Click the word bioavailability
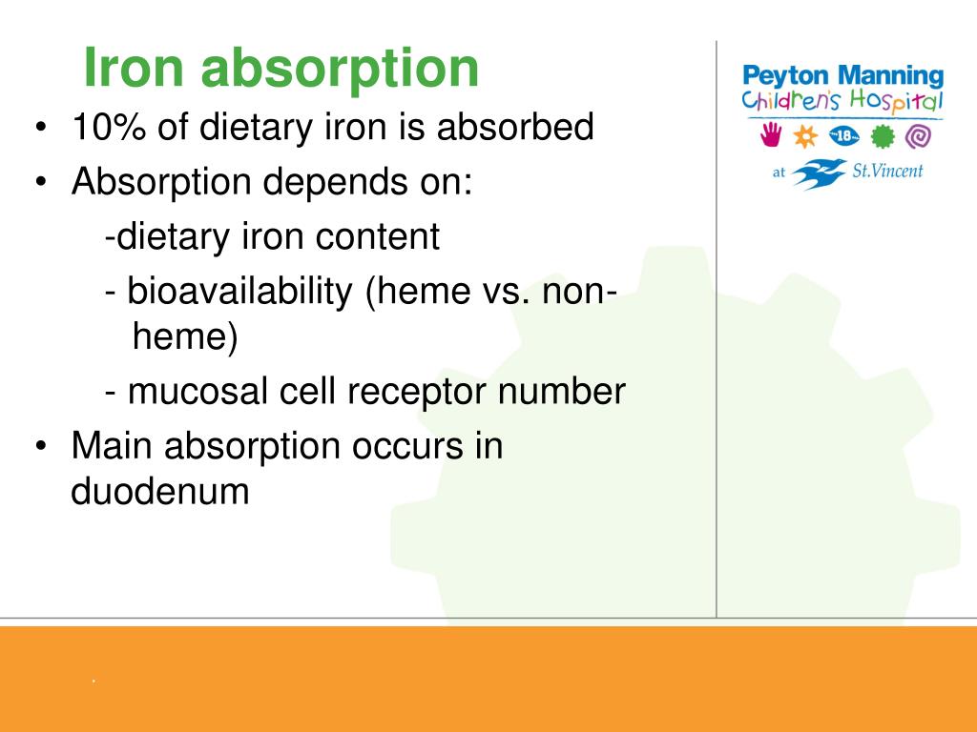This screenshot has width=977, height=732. point(240,293)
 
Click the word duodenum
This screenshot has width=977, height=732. point(160,493)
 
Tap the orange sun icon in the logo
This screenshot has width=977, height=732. point(807,136)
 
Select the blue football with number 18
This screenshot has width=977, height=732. point(845,136)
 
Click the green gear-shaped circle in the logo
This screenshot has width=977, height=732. point(883,136)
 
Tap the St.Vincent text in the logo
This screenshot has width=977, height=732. point(887,173)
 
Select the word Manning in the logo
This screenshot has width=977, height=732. point(894,76)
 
